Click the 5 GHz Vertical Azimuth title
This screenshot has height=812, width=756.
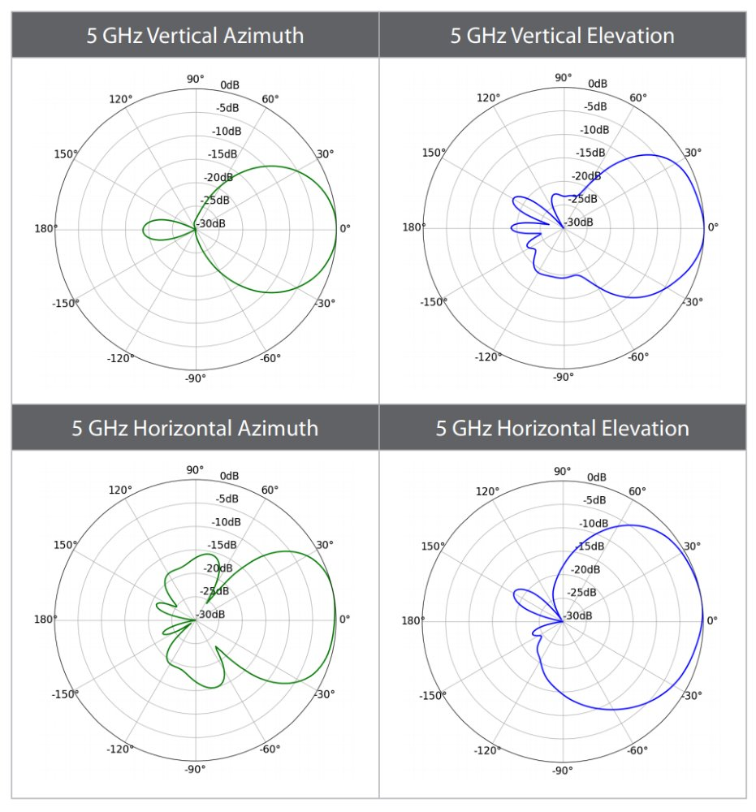[x=195, y=36]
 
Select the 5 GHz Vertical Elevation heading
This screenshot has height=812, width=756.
[x=562, y=36]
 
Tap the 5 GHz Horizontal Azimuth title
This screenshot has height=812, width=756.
[x=195, y=428]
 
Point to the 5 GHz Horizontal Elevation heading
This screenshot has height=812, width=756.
[x=562, y=428]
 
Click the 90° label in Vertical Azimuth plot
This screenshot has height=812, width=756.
[x=196, y=79]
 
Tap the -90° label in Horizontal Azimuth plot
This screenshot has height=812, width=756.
[x=195, y=769]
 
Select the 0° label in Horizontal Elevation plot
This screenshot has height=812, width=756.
[x=713, y=620]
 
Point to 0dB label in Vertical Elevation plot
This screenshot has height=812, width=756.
[x=598, y=84]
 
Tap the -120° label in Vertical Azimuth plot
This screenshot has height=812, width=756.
[x=121, y=358]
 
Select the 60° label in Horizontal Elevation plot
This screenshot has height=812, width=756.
[x=637, y=491]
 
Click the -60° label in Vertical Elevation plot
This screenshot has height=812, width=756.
[x=637, y=356]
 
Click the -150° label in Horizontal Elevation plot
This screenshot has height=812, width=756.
[x=431, y=695]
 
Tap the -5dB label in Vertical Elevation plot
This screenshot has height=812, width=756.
[x=595, y=106]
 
